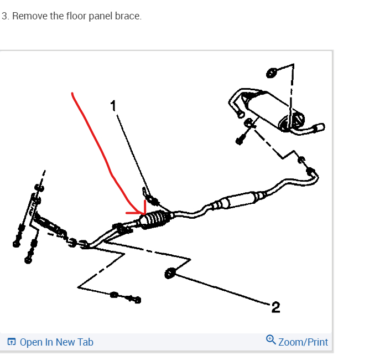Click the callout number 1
pos(113,105)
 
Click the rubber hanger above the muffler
pos(272,73)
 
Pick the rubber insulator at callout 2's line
pos(170,272)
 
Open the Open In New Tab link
pos(56,342)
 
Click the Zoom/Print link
pos(303,342)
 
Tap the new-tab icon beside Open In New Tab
pos(12,342)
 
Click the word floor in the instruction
pos(77,16)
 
